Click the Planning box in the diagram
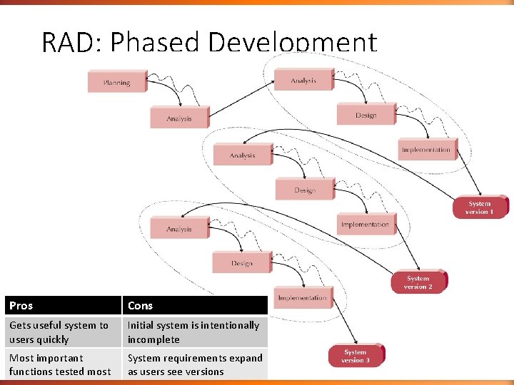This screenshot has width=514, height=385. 116,82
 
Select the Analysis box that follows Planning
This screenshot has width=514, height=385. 179,118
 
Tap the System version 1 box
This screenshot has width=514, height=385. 480,207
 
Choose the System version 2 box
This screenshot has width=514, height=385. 418,282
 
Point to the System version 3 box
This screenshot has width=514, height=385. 356,356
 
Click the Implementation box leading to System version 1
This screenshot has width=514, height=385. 426,150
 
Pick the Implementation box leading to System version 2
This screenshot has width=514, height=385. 365,224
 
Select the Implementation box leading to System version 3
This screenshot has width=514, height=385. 303,298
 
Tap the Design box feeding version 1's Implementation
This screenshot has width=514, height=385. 366,115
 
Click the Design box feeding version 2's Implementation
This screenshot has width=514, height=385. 304,190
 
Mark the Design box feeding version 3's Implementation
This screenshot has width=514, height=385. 241,263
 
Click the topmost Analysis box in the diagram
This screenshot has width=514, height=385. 303,81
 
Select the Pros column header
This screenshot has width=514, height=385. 62,305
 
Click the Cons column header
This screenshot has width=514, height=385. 194,305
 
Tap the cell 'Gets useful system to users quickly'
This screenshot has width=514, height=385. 62,332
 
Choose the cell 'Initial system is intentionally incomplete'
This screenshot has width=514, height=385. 194,332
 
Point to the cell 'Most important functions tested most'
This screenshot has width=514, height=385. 62,364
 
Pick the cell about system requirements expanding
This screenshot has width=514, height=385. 194,364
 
